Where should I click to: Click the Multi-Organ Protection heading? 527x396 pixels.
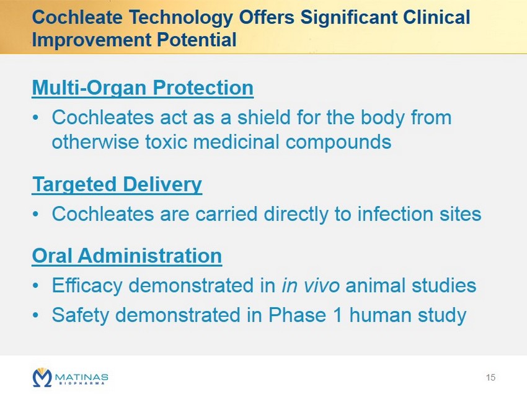coord(143,88)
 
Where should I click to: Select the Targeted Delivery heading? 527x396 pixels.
coord(117,184)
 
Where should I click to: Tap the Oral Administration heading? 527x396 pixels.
coord(127,255)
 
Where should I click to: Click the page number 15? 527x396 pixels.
coord(490,377)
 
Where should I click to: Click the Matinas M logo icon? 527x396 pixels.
coord(42,377)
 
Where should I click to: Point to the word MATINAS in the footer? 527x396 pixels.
coord(82,377)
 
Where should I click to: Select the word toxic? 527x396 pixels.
coord(166,142)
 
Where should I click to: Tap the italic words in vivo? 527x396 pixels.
coord(311,286)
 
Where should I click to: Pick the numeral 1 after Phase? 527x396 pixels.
coord(338,315)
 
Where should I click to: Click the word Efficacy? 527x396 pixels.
coord(87,286)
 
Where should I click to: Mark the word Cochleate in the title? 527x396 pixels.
coord(77,17)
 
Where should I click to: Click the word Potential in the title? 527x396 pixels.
coord(197,40)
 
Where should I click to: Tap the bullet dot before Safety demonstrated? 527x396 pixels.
coord(35,315)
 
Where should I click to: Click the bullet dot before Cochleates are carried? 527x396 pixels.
coord(35,214)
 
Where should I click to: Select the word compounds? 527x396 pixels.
coord(339,142)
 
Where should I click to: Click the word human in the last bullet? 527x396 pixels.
coord(381,315)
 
